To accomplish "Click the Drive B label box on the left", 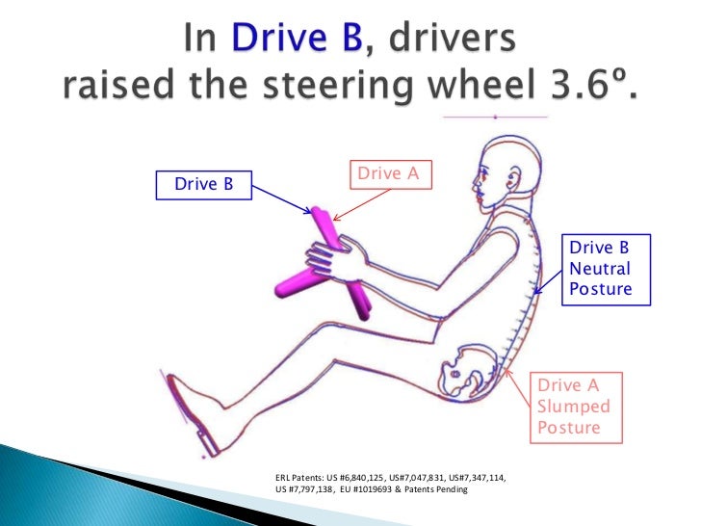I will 203,183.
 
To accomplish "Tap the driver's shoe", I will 193,413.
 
